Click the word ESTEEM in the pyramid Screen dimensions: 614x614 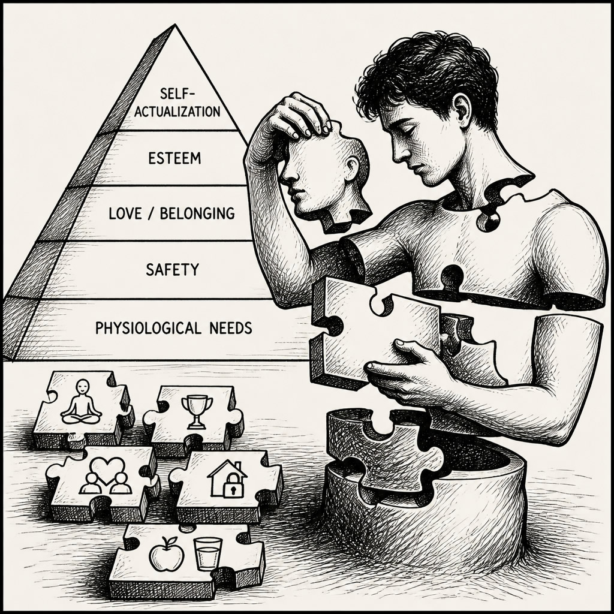click(174, 158)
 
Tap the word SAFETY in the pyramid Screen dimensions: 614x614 click(172, 270)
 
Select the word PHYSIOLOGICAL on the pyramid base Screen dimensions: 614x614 click(149, 328)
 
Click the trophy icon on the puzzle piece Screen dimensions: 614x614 click(197, 412)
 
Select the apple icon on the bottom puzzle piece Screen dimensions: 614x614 click(167, 553)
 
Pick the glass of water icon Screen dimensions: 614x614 click(207, 553)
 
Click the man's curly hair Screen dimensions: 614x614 click(427, 76)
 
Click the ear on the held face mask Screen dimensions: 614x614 click(353, 168)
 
